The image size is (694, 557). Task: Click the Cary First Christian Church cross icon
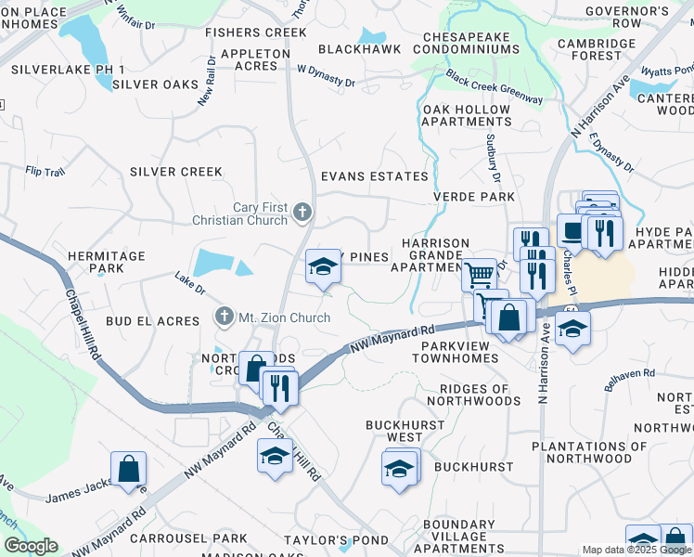302,214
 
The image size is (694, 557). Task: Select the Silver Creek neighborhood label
176,172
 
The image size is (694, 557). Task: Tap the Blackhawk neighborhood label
360,49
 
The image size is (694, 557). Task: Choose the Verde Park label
473,197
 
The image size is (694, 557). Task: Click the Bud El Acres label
152,321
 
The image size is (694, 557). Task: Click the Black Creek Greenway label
493,86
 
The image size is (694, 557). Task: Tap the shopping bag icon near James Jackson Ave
128,469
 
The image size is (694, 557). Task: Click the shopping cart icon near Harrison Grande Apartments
479,274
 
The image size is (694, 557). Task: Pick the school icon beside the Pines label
322,266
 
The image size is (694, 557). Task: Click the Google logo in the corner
31,546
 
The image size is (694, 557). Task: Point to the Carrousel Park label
188,538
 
